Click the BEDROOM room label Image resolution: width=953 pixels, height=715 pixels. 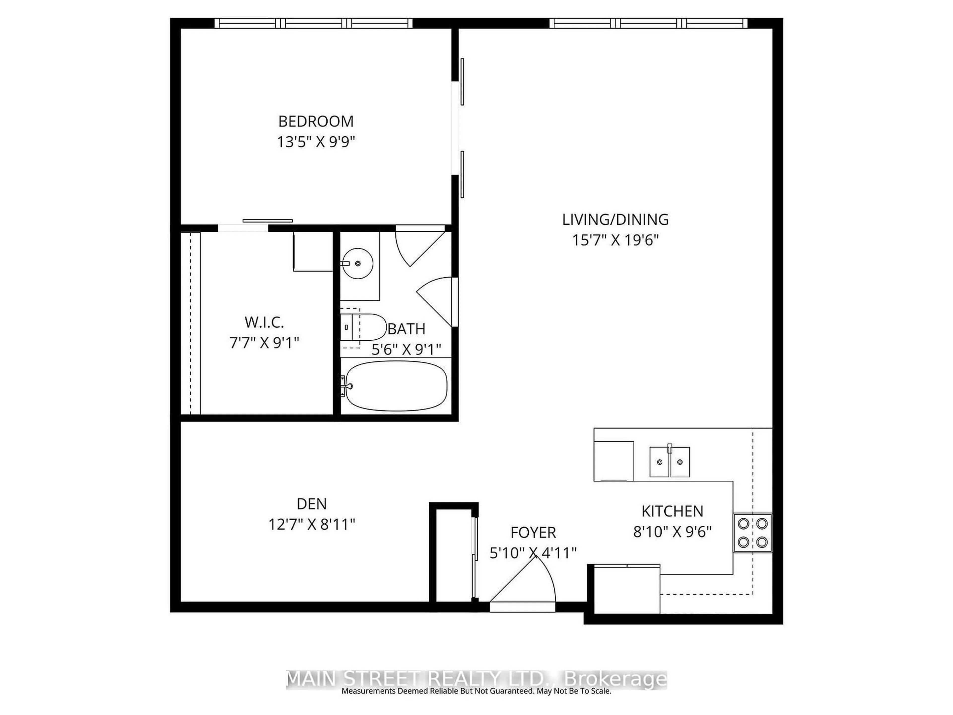[316, 122]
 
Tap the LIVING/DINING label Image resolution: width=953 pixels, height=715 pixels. [615, 220]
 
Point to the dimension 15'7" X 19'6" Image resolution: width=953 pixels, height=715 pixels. [615, 240]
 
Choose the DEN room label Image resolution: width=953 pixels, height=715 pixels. [311, 504]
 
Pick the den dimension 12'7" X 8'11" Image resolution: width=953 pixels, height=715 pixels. [311, 525]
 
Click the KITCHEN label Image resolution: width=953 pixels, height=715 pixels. [672, 511]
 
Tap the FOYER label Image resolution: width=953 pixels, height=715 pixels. [533, 533]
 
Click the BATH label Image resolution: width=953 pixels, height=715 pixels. [406, 329]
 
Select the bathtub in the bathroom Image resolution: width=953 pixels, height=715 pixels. [396, 386]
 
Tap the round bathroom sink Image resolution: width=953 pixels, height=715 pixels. [358, 263]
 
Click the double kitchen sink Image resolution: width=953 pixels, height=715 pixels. [670, 462]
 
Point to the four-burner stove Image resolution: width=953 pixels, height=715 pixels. [752, 533]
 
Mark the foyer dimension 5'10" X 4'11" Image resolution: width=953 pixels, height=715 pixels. [533, 553]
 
